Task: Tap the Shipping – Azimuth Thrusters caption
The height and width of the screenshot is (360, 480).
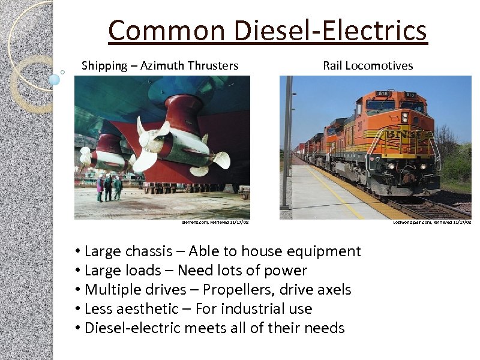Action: pyautogui.click(x=160, y=65)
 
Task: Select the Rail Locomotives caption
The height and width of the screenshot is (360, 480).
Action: pyautogui.click(x=368, y=65)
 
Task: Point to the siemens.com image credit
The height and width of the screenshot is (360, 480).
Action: pyautogui.click(x=215, y=223)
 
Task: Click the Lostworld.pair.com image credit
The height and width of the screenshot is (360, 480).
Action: pyautogui.click(x=432, y=223)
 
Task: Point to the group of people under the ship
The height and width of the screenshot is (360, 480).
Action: pyautogui.click(x=109, y=187)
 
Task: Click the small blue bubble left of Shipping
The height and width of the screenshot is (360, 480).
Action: pyautogui.click(x=55, y=79)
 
